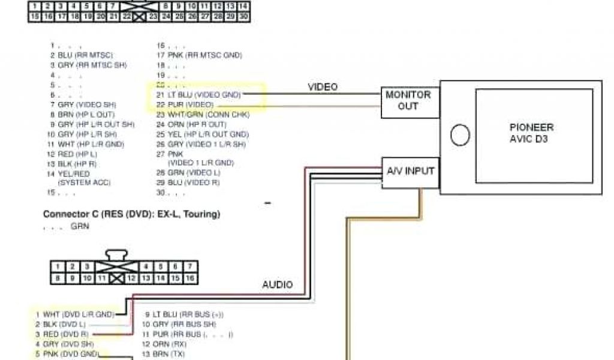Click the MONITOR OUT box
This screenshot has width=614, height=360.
408,101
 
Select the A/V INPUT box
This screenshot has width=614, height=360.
411,172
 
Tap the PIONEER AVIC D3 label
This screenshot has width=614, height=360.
531,133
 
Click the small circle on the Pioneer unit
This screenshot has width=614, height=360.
460,136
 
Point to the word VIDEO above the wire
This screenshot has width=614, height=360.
323,87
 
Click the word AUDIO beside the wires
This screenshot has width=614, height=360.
277,284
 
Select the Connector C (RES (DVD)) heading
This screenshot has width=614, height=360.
131,214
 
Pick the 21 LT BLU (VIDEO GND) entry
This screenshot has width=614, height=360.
198,95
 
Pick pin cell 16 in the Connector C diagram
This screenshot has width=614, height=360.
190,278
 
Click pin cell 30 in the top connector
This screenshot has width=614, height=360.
243,17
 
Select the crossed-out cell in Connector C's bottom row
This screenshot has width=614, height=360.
116,278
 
